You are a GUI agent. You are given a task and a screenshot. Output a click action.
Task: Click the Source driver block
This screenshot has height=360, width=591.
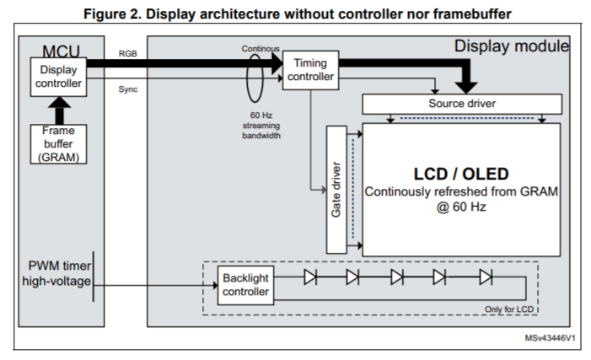pos(461,104)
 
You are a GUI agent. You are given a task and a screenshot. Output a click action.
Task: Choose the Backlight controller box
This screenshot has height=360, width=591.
pos(245,286)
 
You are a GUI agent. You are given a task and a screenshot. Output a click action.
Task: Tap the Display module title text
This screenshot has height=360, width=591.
pos(511,46)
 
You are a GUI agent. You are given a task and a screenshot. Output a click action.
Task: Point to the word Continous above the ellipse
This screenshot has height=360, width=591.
pos(260,49)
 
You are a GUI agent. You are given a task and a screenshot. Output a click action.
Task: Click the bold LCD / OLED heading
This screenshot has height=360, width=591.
pos(461,174)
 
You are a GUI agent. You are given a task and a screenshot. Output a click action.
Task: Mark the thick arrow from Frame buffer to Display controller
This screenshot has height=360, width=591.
pos(59,108)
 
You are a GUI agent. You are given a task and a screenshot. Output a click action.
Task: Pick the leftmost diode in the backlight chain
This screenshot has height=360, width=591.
pos(309,277)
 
